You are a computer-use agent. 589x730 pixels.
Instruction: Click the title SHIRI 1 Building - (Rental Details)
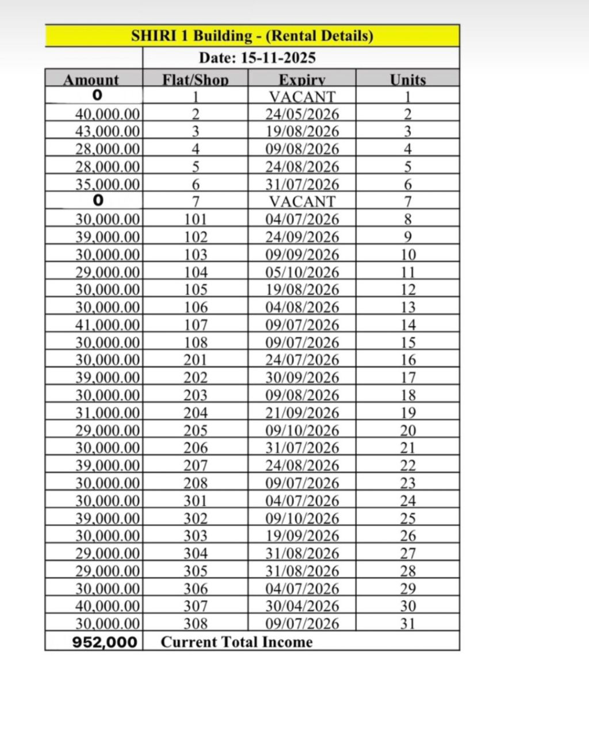(252, 36)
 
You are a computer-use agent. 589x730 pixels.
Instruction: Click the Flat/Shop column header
(195, 80)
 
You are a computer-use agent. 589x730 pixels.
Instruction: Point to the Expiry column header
(302, 80)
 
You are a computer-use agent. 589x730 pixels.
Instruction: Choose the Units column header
(407, 80)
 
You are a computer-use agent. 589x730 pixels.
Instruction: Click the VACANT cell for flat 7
(302, 202)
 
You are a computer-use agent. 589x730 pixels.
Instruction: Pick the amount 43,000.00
(108, 132)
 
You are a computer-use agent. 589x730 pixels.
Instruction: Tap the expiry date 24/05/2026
(302, 114)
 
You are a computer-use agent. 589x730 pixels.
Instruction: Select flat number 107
(196, 325)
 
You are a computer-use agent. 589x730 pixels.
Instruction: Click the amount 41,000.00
(108, 325)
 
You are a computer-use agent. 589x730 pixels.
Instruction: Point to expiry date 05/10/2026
(302, 272)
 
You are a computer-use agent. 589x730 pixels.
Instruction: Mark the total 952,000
(105, 643)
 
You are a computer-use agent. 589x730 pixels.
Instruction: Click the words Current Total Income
(236, 642)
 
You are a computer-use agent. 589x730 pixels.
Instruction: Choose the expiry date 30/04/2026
(302, 606)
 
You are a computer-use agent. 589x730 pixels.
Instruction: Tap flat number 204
(196, 413)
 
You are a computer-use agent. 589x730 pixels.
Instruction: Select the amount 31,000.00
(108, 413)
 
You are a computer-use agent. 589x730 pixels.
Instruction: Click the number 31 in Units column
(408, 624)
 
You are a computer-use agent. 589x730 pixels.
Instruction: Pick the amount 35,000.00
(108, 185)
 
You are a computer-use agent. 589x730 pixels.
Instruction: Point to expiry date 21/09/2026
(302, 413)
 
